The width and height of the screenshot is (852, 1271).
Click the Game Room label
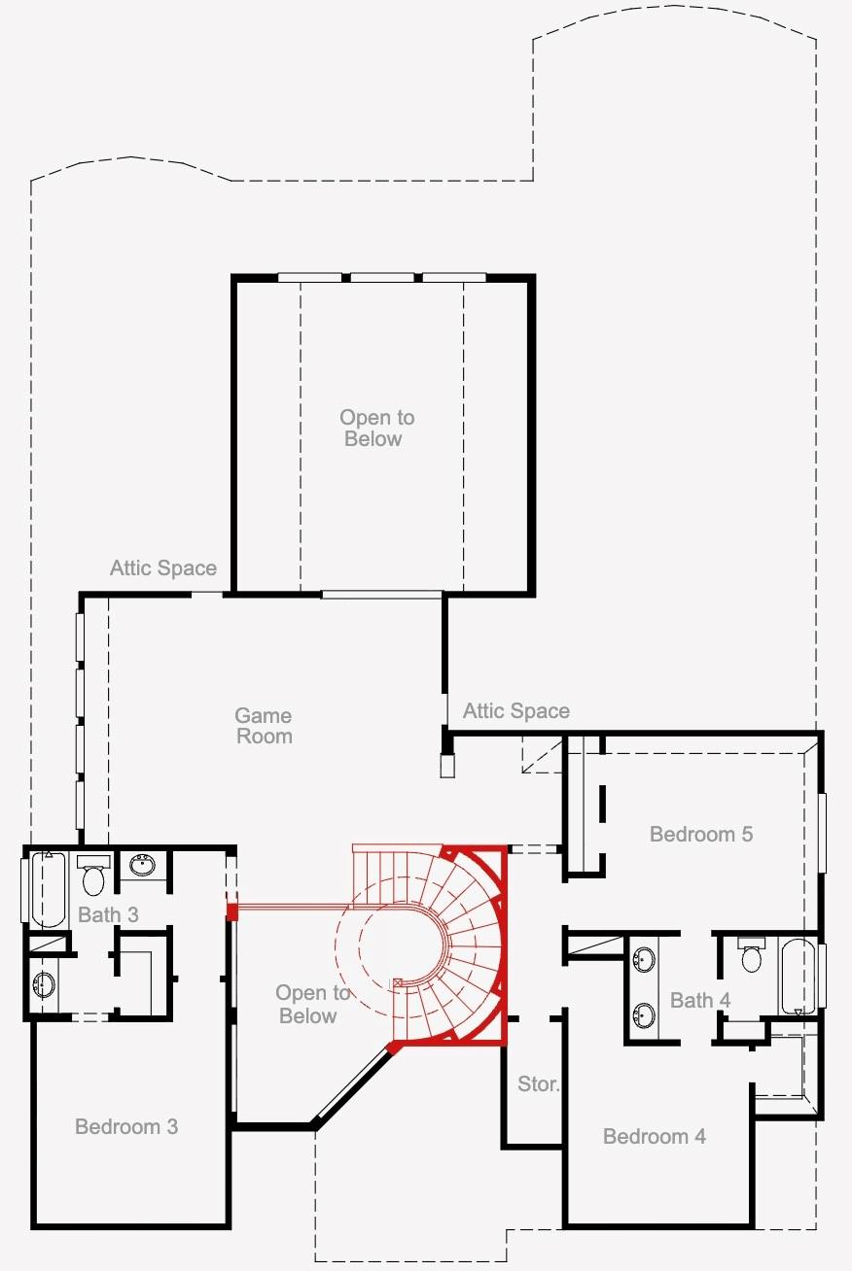click(x=264, y=726)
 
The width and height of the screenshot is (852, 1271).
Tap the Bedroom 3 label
click(x=126, y=1126)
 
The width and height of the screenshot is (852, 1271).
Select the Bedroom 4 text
click(x=655, y=1137)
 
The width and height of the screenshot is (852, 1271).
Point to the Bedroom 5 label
click(x=701, y=834)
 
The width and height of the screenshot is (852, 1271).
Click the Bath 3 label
click(x=108, y=914)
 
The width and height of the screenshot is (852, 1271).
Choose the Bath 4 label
click(x=699, y=1000)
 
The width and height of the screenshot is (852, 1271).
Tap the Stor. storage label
click(x=538, y=1083)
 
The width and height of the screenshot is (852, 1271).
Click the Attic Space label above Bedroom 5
click(x=515, y=710)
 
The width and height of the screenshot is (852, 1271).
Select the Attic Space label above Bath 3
click(x=163, y=567)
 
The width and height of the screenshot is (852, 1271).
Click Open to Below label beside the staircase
click(x=312, y=1004)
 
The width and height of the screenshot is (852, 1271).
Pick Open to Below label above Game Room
click(x=376, y=428)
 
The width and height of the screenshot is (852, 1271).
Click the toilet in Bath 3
click(x=93, y=875)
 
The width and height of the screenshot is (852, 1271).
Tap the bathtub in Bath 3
click(x=49, y=888)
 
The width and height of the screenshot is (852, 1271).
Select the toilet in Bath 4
click(x=751, y=954)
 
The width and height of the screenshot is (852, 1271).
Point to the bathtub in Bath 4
click(x=799, y=976)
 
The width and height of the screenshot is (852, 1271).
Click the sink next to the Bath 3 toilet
click(x=142, y=865)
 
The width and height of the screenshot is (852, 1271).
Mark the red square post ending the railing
click(x=231, y=911)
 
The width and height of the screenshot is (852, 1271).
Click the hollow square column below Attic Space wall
click(x=447, y=766)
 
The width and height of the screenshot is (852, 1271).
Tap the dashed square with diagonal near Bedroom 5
click(x=542, y=755)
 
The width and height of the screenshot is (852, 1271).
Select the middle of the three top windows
click(x=381, y=278)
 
